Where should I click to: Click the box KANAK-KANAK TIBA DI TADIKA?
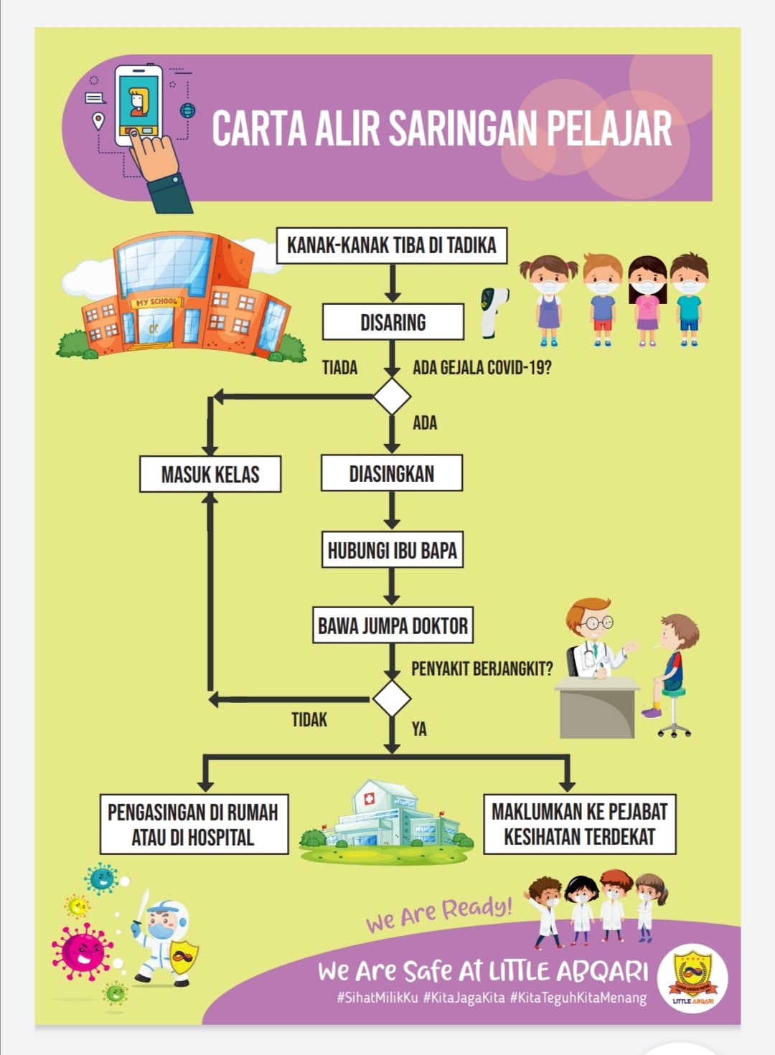[x=392, y=245]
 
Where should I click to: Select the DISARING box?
[x=393, y=322]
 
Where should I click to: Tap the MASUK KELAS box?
[x=210, y=474]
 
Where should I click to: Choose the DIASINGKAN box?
[x=392, y=473]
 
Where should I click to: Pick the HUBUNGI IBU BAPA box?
[x=393, y=549]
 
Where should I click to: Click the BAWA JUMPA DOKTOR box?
[x=393, y=625]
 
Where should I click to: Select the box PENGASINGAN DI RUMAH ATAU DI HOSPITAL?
[x=194, y=824]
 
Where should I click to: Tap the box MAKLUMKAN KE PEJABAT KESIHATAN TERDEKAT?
[x=580, y=824]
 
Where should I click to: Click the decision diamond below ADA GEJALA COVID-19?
[x=392, y=397]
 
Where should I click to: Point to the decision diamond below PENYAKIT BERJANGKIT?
[x=392, y=699]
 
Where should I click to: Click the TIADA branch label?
[x=339, y=368]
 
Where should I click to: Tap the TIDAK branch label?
[x=309, y=720]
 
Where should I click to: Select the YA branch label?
[x=419, y=729]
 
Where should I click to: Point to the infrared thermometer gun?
[x=493, y=312]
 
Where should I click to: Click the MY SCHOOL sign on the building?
[x=157, y=301]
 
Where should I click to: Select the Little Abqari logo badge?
[x=692, y=978]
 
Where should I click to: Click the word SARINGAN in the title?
[x=464, y=128]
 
